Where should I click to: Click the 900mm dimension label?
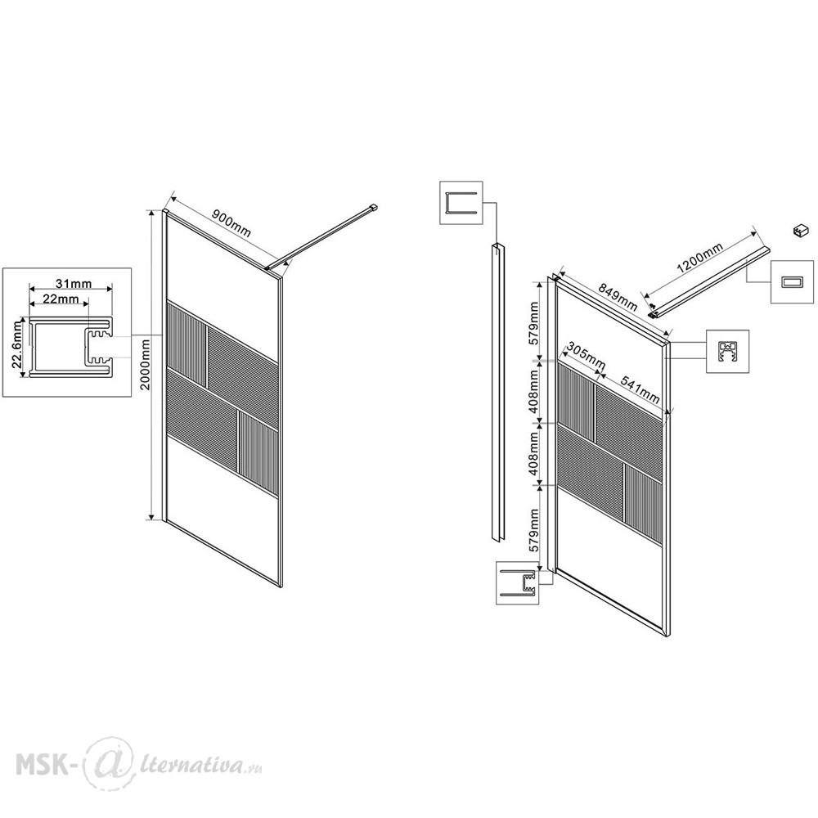pyautogui.click(x=232, y=222)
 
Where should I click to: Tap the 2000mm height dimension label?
pyautogui.click(x=146, y=364)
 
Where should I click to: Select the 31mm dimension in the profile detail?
pyautogui.click(x=74, y=284)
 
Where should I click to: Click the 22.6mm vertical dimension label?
pyautogui.click(x=18, y=344)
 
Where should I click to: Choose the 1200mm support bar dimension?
pyautogui.click(x=699, y=258)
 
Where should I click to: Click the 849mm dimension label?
pyautogui.click(x=618, y=296)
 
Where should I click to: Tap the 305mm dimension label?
pyautogui.click(x=586, y=354)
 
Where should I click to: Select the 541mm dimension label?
pyautogui.click(x=640, y=389)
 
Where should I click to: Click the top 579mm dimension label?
pyautogui.click(x=533, y=323)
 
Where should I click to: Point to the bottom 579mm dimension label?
pyautogui.click(x=533, y=531)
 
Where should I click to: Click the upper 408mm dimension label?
pyautogui.click(x=533, y=391)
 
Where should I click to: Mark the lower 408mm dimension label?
pyautogui.click(x=533, y=453)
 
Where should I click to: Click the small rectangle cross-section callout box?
pyautogui.click(x=792, y=281)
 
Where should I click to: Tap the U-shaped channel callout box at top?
pyautogui.click(x=461, y=203)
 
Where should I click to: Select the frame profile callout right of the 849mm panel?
pyautogui.click(x=727, y=351)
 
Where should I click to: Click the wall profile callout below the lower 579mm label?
pyautogui.click(x=518, y=582)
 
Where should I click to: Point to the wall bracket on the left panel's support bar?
pyautogui.click(x=372, y=208)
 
